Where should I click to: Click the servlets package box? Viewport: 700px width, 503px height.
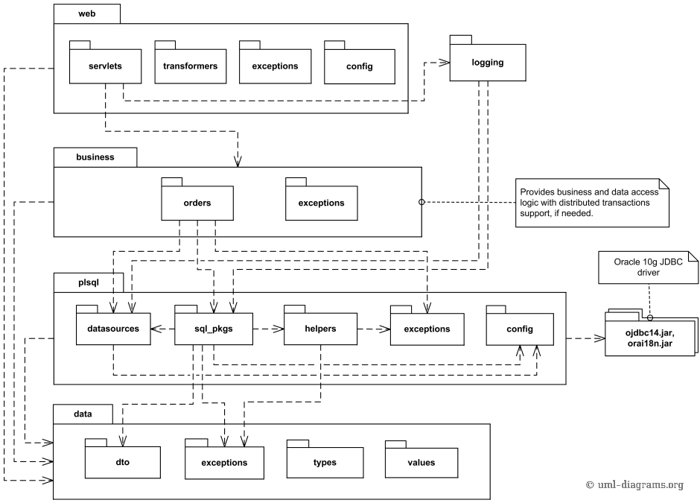(x=105, y=66)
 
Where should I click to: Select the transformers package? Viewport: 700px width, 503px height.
(x=190, y=66)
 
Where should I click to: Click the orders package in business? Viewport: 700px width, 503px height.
(x=197, y=203)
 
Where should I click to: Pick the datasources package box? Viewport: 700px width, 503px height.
(x=113, y=329)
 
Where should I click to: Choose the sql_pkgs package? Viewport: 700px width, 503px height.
(x=214, y=329)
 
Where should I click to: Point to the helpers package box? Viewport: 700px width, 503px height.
(x=320, y=329)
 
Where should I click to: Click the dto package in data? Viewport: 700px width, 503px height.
(x=123, y=462)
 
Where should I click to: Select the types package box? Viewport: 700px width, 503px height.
(x=325, y=462)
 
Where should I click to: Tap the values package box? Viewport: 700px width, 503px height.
(x=421, y=462)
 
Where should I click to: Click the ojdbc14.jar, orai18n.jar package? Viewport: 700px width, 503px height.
(x=650, y=338)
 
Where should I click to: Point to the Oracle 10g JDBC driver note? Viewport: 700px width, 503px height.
(x=648, y=267)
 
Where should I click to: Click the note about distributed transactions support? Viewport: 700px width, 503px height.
(x=592, y=203)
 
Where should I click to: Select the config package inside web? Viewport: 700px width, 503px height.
(x=360, y=66)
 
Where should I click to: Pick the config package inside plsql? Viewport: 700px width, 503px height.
(x=520, y=329)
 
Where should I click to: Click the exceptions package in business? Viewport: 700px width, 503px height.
(x=322, y=203)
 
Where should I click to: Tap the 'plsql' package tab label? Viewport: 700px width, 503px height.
(x=89, y=282)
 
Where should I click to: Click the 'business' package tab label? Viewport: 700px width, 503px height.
(x=95, y=157)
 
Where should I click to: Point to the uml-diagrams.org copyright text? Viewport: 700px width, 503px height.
(x=634, y=484)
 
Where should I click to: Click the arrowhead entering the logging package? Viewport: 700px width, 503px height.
(x=445, y=63)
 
